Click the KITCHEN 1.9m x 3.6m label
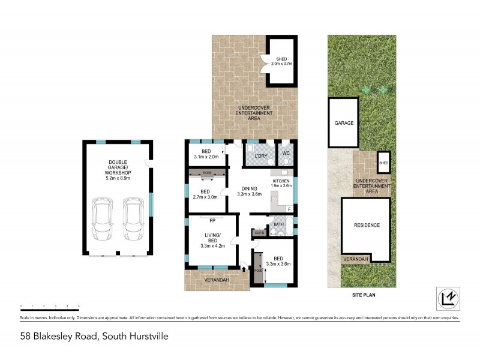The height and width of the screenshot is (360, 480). [281, 183]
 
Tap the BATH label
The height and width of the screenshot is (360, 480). [278, 225]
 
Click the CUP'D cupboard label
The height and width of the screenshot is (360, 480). [259, 233]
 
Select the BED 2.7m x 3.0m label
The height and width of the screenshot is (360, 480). [206, 194]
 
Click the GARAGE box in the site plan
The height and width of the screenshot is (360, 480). [344, 123]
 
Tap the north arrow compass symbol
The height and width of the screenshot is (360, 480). [446, 297]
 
